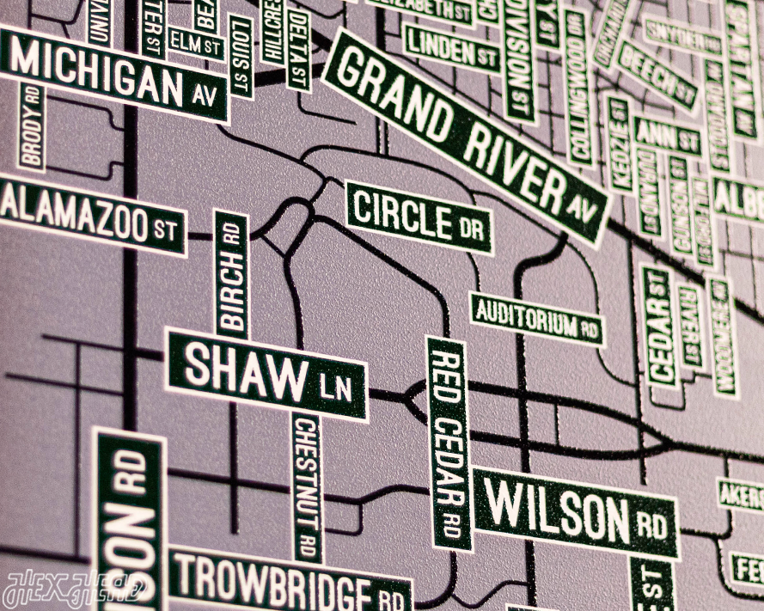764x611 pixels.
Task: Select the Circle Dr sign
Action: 419,217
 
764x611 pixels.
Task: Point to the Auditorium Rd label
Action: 536,319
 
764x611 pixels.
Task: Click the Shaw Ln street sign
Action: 267,375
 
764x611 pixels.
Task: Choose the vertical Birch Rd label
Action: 231,275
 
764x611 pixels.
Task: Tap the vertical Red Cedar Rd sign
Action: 449,442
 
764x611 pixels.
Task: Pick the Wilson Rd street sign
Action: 574,513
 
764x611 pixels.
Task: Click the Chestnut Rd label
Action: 306,486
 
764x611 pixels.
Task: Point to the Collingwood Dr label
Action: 578,87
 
